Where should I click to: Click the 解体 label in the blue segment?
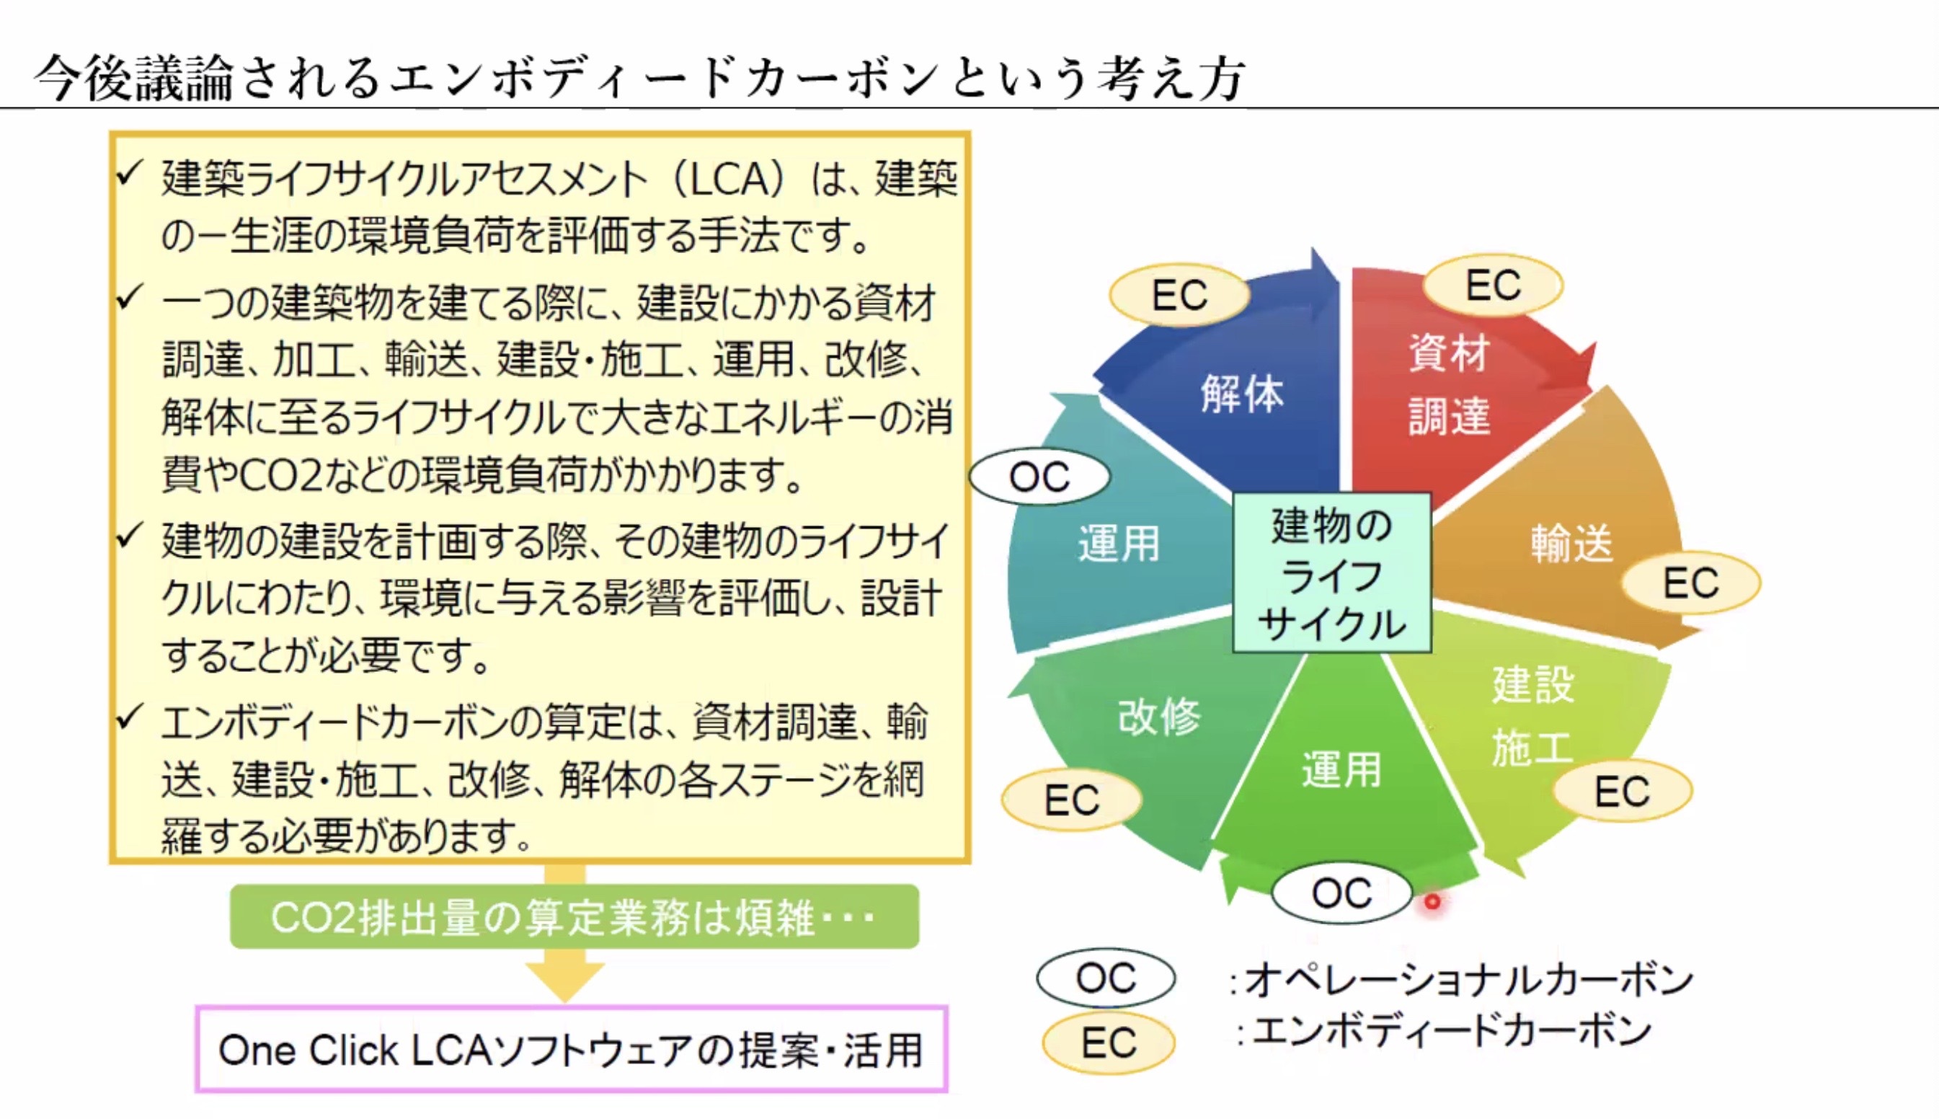(x=1241, y=394)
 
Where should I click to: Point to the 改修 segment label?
(x=1158, y=716)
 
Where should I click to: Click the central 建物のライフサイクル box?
(x=1331, y=572)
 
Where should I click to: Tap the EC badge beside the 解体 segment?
(x=1179, y=295)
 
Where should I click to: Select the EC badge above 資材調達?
(x=1493, y=285)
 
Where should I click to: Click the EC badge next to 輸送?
(x=1691, y=583)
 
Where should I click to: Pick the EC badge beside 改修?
(x=1072, y=800)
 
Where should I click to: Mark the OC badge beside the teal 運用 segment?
(x=1039, y=477)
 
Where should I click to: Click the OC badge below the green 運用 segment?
(x=1341, y=893)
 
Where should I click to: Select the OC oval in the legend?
(x=1106, y=978)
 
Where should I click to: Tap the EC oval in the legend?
(x=1109, y=1043)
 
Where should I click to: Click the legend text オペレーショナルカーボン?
(x=1468, y=979)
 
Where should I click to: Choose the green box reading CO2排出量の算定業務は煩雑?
(x=574, y=916)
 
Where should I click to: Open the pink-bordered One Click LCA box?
(x=572, y=1049)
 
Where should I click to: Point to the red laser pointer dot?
(x=1432, y=901)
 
